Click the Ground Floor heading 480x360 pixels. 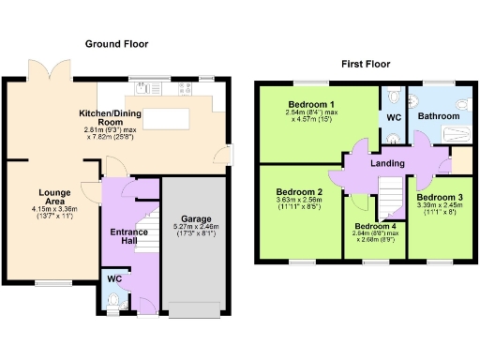point(117,44)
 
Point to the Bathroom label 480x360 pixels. point(439,115)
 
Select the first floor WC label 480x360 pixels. point(394,118)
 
